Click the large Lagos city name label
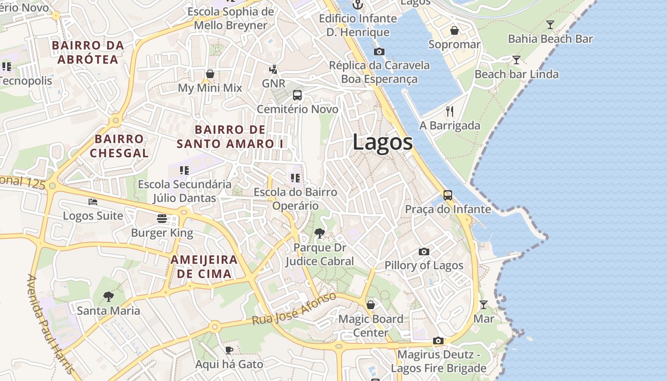coord(383,142)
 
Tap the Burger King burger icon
coord(162,219)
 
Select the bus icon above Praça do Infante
coord(448,195)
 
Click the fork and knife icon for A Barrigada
coord(450,111)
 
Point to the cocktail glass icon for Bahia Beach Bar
coord(550,25)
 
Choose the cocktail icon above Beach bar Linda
coord(516,60)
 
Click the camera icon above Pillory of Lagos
coord(424,251)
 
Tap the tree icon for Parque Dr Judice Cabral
coord(320,233)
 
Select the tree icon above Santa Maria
coord(109,297)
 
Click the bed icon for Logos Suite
coord(93,202)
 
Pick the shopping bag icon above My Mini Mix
coord(210,74)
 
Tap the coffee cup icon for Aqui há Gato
coord(229,350)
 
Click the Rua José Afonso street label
coord(294,309)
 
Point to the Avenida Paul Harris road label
coord(50,324)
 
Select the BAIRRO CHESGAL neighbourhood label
coord(119,146)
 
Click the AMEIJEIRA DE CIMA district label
coord(204,267)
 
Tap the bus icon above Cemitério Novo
coord(297,95)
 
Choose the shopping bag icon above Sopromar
coord(455,30)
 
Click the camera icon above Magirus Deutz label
coord(438,341)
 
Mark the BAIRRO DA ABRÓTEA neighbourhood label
coord(88,52)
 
